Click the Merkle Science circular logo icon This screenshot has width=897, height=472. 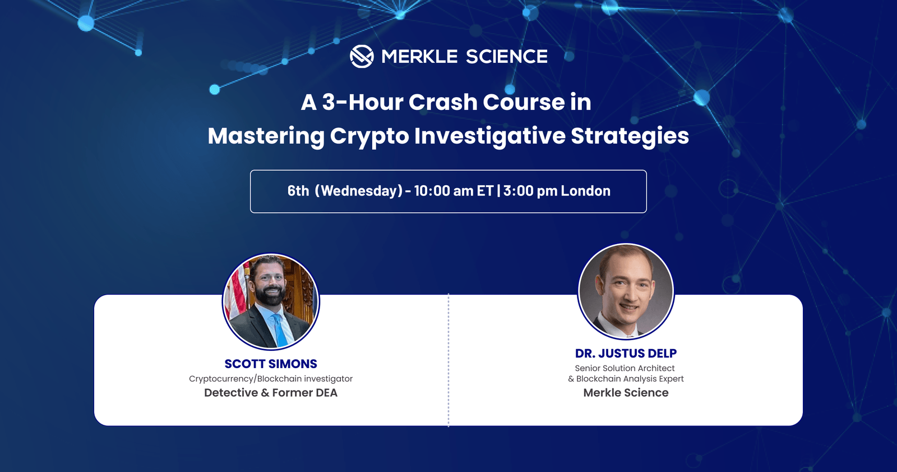pos(362,56)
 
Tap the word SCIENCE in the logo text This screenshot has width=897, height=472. pos(506,56)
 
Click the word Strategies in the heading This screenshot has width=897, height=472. pos(630,136)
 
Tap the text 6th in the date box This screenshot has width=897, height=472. pos(298,191)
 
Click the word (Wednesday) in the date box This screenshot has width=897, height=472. pos(359,191)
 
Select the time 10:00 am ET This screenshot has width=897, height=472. pos(454,191)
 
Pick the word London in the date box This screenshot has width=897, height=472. pos(585,191)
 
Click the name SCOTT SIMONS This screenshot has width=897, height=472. pos(271,364)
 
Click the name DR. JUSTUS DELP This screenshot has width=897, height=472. pos(626,354)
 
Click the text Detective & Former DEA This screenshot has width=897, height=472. pos(271,393)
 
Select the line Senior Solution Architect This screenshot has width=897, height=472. pos(625,368)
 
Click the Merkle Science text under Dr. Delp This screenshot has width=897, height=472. pos(626,393)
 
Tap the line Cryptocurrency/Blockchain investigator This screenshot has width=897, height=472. pos(271,379)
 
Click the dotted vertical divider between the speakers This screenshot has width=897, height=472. pos(449,359)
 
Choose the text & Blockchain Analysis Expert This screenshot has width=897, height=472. pos(626,379)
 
